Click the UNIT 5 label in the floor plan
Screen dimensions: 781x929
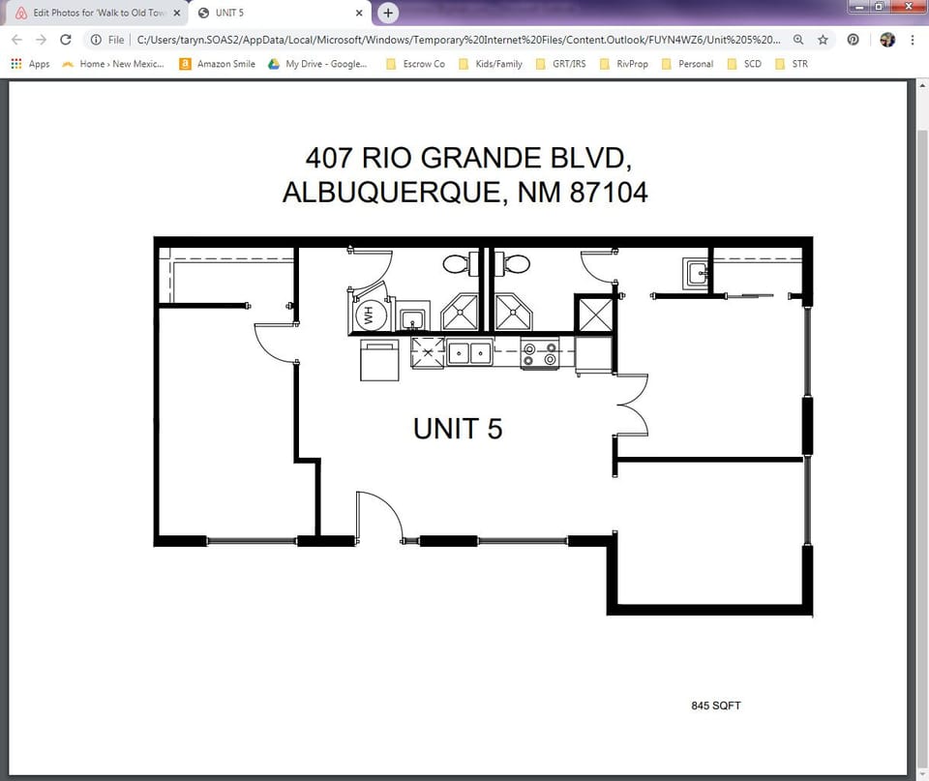pos(458,428)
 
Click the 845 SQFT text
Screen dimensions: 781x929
pos(716,706)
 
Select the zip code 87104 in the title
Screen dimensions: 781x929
pos(609,193)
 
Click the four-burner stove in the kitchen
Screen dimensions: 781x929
pos(540,353)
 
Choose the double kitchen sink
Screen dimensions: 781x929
pos(469,353)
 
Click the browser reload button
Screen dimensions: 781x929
pos(66,40)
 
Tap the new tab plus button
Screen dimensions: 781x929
pos(388,13)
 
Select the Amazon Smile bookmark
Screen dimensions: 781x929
pos(218,64)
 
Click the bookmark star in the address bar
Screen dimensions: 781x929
pos(823,40)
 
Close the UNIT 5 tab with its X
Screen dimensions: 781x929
pos(359,13)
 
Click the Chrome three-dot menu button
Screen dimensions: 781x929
pos(913,40)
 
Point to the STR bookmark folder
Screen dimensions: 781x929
pos(791,64)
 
